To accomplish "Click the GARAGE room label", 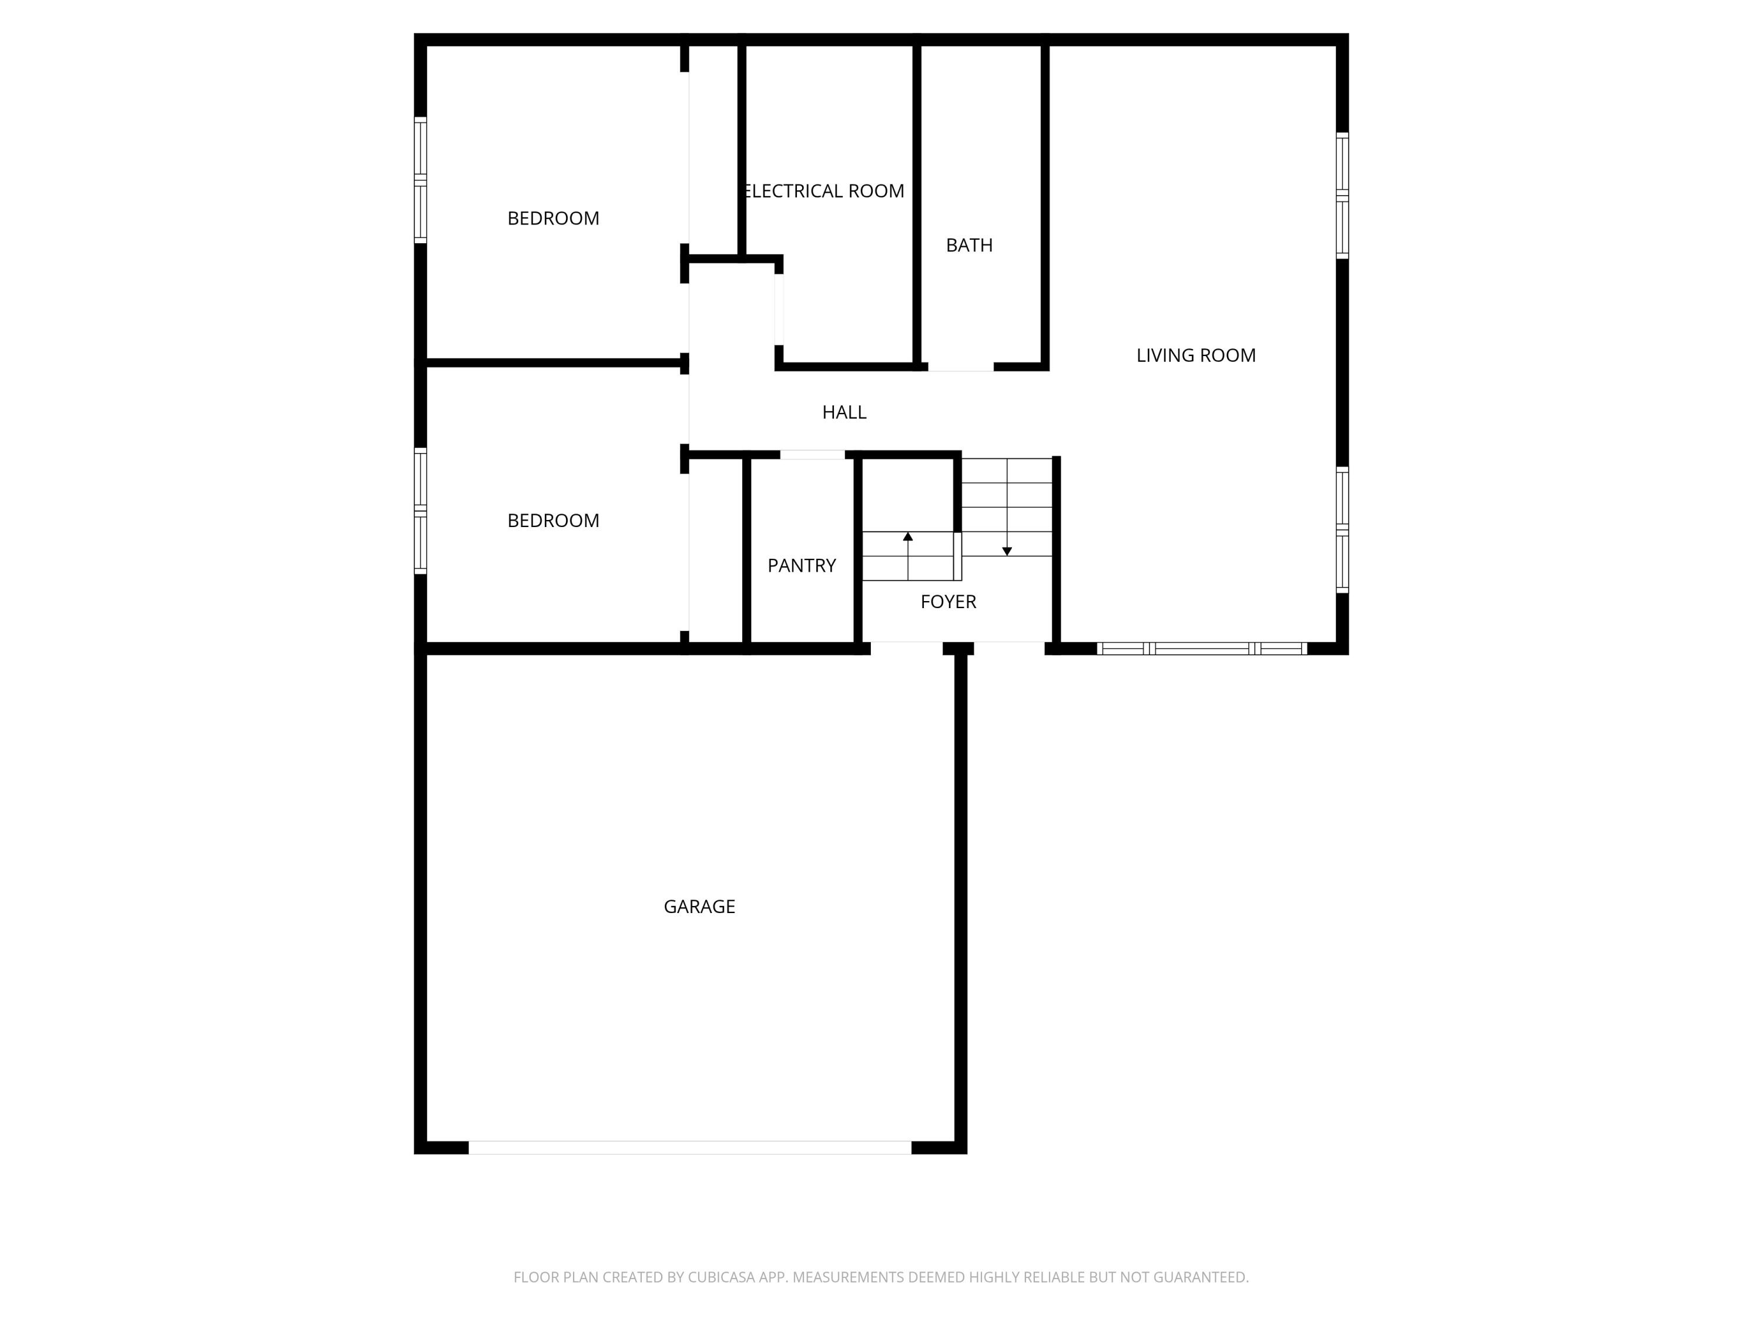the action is tap(699, 906).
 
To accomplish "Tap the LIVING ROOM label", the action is tap(1195, 355).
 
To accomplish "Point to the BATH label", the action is tap(969, 246).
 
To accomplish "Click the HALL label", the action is tap(844, 412).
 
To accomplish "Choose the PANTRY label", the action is tap(801, 565).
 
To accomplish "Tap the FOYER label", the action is tap(948, 602).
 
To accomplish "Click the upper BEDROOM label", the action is tap(553, 219).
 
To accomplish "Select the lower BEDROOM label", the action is tap(553, 521).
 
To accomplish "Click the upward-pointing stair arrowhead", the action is tap(908, 536).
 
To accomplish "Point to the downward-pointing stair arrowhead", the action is tap(1007, 552).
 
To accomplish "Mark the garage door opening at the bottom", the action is tap(689, 1147).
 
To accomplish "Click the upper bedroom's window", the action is tap(420, 180).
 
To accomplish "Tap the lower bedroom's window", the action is tap(420, 511).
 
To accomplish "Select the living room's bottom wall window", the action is tap(1202, 649).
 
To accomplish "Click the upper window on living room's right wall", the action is tap(1342, 195).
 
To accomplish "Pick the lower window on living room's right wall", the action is tap(1342, 530).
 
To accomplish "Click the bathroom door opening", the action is tap(960, 367).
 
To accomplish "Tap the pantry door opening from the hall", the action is tap(812, 455).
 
